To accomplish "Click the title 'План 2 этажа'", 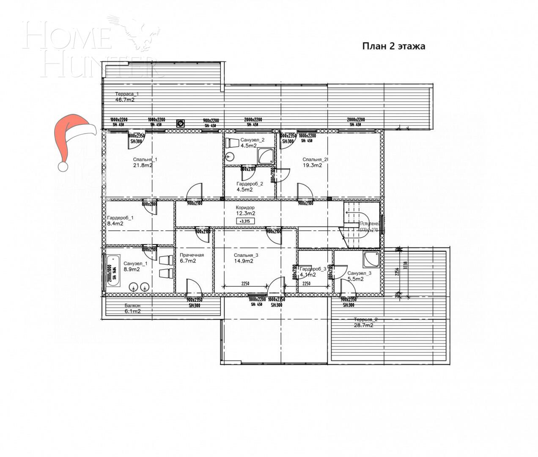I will (x=393, y=46).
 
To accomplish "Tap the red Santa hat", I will (x=72, y=140).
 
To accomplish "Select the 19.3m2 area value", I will (x=312, y=165).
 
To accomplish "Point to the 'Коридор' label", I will (x=245, y=208).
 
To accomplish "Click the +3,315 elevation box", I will (x=245, y=221).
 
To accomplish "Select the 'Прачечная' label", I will (x=192, y=255).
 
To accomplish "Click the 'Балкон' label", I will (x=132, y=306).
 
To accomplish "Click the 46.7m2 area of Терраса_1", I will (x=125, y=100).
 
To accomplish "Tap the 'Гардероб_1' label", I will (x=120, y=218).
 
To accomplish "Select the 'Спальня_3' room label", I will (x=246, y=255).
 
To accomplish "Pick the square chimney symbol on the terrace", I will (x=181, y=123).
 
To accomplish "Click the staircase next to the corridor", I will (x=360, y=224).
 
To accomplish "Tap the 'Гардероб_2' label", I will (x=250, y=184).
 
